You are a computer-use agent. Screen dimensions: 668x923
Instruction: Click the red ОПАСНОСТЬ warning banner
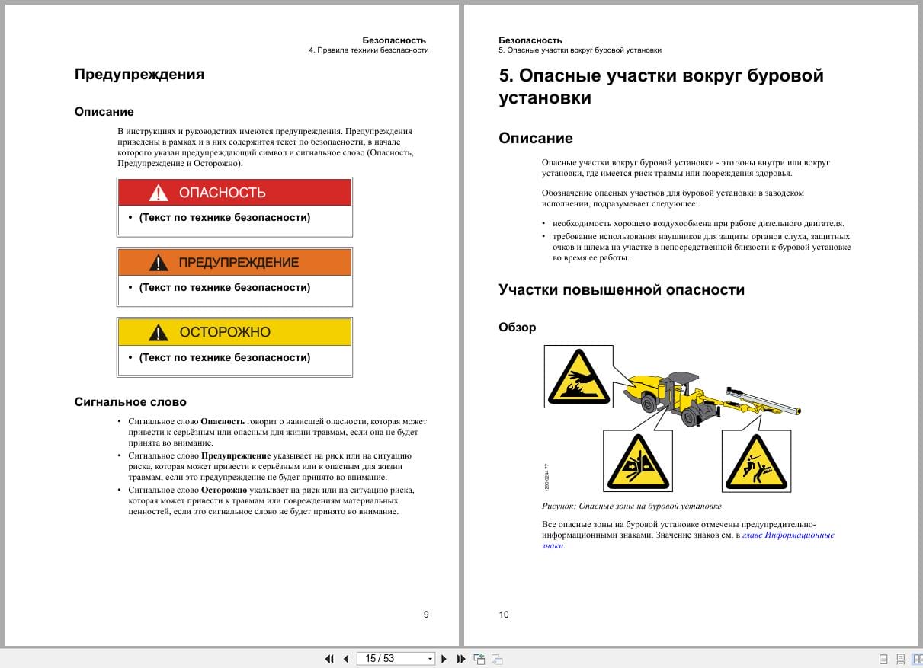coord(234,193)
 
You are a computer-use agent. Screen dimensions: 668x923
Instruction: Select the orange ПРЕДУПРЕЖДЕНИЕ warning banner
coord(234,263)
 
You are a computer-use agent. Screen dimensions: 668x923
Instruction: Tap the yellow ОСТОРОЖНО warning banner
coord(234,332)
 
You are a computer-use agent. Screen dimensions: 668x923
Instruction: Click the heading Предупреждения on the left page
coord(139,75)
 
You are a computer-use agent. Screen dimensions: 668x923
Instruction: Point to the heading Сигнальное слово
coord(130,402)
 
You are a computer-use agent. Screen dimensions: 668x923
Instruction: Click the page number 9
coord(426,615)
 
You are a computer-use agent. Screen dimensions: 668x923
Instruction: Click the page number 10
coord(504,615)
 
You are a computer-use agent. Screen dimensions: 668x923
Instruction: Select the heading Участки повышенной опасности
coord(621,290)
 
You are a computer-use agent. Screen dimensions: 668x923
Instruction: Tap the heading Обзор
coord(518,328)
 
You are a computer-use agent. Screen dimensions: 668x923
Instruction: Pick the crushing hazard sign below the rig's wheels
coord(637,461)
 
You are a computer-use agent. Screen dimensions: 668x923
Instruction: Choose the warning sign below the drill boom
coord(755,461)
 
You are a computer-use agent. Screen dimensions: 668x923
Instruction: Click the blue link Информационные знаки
coord(789,535)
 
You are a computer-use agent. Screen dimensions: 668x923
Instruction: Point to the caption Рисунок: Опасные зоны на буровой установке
coord(631,507)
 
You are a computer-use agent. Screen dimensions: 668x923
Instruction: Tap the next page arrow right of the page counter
coord(444,659)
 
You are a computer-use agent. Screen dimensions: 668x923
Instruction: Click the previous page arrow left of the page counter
coord(346,659)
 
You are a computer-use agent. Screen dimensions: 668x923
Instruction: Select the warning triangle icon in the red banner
coord(159,193)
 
